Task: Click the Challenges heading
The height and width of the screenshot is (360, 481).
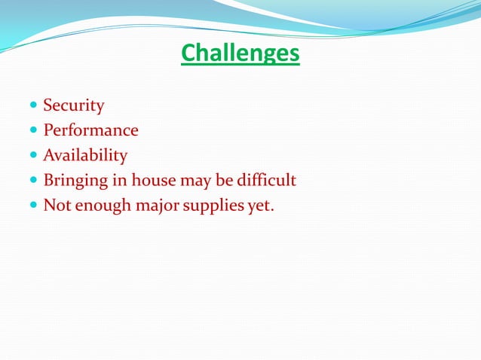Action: click(240, 54)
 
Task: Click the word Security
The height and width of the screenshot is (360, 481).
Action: click(74, 105)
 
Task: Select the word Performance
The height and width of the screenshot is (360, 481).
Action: click(90, 130)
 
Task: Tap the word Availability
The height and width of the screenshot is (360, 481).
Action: click(85, 156)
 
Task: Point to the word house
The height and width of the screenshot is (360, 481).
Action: click(153, 181)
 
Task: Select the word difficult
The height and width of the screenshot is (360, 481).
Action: click(267, 181)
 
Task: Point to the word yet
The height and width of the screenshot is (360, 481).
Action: click(260, 206)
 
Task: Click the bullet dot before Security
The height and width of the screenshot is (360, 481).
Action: click(33, 105)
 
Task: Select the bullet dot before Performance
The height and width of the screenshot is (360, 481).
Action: click(33, 130)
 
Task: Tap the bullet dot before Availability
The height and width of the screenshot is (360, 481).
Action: click(33, 156)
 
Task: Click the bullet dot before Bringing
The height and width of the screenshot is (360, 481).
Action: click(33, 181)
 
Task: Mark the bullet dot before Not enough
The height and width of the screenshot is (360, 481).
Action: click(33, 206)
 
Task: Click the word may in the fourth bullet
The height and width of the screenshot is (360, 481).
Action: click(194, 182)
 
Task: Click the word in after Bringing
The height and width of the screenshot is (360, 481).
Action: click(119, 181)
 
